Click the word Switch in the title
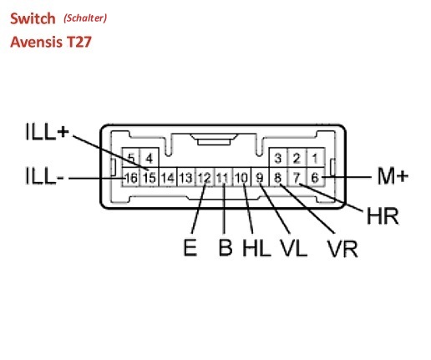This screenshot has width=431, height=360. [x=33, y=18]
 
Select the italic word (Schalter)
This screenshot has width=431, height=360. [x=85, y=18]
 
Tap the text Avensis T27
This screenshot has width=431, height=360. [x=51, y=42]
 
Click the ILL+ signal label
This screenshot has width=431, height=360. [x=47, y=131]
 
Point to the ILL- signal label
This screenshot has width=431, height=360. [x=44, y=175]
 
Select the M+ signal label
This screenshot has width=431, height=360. [x=393, y=176]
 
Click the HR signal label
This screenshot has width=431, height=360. [x=383, y=216]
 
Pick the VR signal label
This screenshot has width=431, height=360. [x=342, y=249]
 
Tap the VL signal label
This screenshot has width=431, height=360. [x=293, y=247]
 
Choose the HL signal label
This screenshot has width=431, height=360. [x=256, y=247]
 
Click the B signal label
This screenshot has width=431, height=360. [x=226, y=247]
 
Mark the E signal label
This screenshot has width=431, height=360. [x=190, y=247]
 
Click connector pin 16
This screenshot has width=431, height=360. [x=131, y=177]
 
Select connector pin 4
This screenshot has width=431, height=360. [x=150, y=158]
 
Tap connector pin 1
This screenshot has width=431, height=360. [x=316, y=158]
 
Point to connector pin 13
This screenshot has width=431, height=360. [x=186, y=177]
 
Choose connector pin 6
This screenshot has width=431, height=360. [x=316, y=177]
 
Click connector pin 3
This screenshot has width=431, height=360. [x=278, y=158]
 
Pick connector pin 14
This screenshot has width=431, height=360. [x=168, y=177]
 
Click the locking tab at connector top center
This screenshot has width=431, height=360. [x=214, y=139]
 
